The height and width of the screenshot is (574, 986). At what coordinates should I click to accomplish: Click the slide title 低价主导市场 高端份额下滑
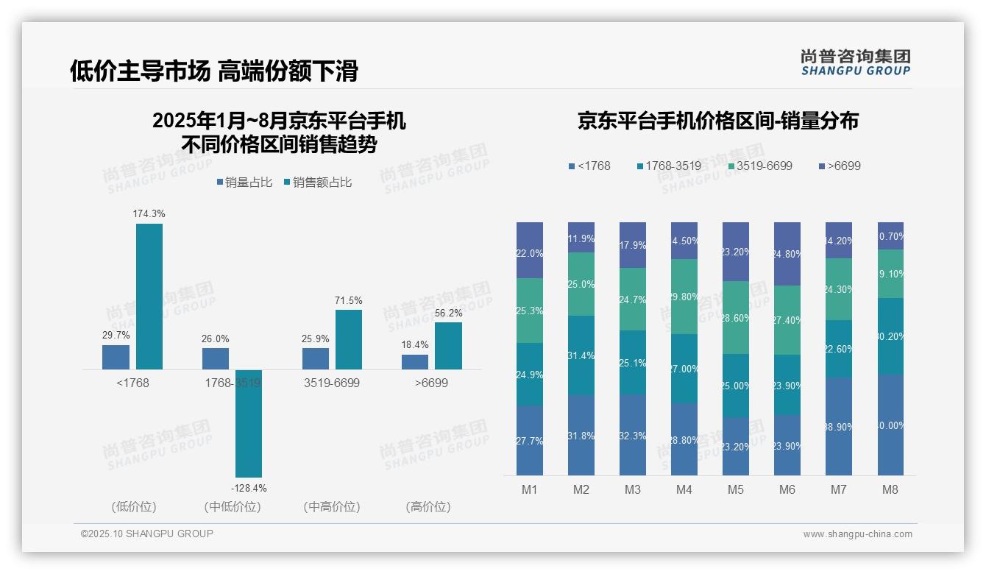213,71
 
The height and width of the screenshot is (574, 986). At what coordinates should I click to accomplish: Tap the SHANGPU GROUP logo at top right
855,62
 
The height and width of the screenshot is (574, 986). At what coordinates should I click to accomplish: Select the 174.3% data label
149,213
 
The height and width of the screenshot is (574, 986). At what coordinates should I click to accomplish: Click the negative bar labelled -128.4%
249,423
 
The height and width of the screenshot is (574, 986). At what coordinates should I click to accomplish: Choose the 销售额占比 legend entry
318,182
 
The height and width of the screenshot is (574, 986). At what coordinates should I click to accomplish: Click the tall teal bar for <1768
149,296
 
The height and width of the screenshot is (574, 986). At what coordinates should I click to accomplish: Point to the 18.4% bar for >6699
415,362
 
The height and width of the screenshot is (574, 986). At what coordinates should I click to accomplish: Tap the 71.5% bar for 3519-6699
349,339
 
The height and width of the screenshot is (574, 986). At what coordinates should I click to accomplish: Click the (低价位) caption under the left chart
133,506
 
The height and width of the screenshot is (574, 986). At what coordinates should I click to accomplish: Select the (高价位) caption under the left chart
428,506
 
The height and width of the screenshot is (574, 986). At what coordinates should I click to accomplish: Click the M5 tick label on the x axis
735,489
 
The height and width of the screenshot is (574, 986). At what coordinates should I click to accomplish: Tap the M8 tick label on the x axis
890,489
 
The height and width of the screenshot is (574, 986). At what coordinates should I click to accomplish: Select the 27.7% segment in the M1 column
530,440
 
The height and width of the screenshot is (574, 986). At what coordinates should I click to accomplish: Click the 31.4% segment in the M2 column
581,355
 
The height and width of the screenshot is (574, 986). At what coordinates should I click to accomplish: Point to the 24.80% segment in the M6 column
787,254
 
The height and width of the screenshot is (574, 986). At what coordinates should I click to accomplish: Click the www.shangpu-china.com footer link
857,534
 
